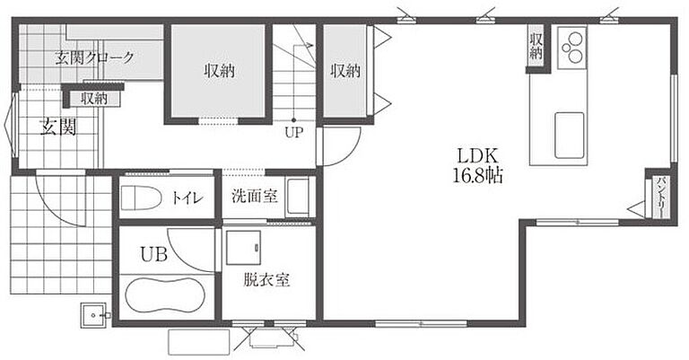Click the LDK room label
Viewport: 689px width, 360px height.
click(477, 155)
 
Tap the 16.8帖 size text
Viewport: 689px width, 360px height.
click(477, 176)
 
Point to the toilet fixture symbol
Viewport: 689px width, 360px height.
click(140, 198)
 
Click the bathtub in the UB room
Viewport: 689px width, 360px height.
click(165, 295)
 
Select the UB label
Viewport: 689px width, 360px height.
click(153, 254)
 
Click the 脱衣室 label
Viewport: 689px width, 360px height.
click(266, 279)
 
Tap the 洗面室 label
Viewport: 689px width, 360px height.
click(255, 196)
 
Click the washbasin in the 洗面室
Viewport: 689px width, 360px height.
click(299, 197)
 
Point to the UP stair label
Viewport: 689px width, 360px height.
click(293, 132)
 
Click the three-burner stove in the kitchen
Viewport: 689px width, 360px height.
click(572, 48)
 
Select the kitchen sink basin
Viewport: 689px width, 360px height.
click(570, 136)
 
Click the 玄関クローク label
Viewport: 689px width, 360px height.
click(94, 57)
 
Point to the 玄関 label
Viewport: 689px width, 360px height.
click(58, 127)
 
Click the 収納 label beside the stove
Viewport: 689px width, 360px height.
click(536, 47)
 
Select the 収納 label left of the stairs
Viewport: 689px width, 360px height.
click(219, 71)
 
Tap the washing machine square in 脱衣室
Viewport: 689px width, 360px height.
click(243, 248)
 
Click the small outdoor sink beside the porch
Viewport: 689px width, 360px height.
click(93, 315)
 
